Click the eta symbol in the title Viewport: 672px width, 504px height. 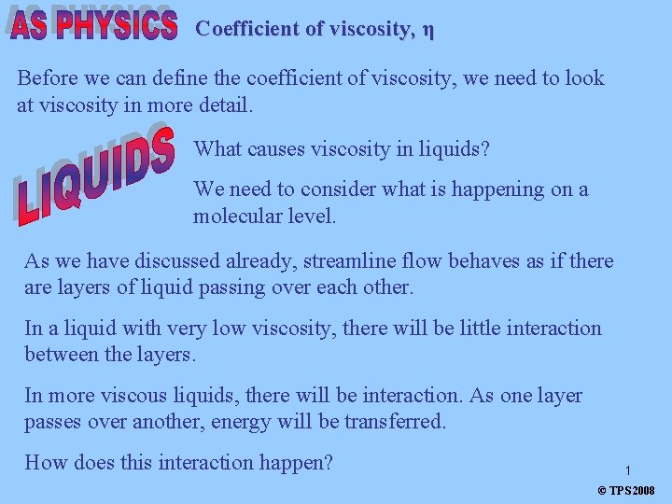click(x=427, y=30)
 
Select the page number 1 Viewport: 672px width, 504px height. click(x=628, y=471)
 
